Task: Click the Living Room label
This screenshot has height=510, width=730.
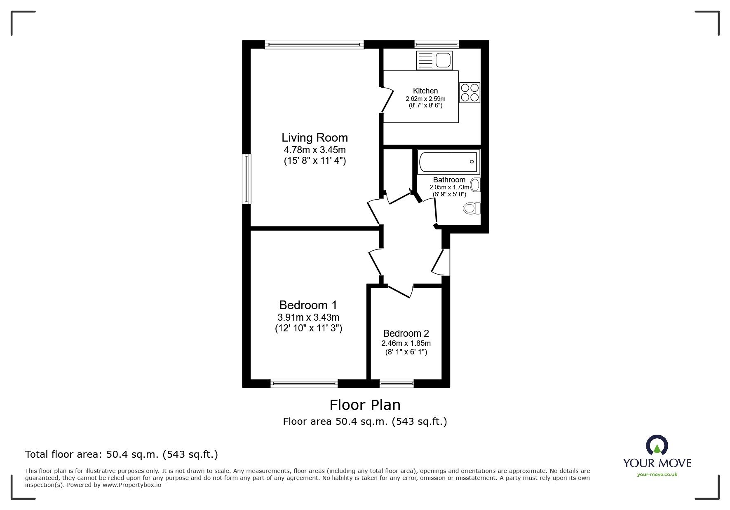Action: click(x=315, y=137)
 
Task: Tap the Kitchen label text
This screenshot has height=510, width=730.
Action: click(x=425, y=91)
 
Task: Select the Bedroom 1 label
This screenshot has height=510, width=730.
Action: click(x=308, y=305)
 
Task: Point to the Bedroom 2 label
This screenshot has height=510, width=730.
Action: click(x=406, y=333)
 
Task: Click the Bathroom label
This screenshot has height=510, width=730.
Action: click(x=449, y=180)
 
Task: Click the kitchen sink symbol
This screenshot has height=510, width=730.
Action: click(x=434, y=61)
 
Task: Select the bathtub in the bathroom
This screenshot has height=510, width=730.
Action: click(x=448, y=162)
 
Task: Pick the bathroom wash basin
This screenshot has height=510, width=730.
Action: click(x=475, y=185)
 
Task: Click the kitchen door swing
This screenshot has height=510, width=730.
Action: click(x=387, y=99)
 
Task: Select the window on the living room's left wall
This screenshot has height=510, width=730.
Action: click(x=246, y=179)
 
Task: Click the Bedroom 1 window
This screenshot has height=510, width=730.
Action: click(x=304, y=383)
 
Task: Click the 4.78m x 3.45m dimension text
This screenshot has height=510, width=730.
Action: click(x=315, y=150)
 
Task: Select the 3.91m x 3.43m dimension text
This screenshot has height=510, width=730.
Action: click(x=308, y=317)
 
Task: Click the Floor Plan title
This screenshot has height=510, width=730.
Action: click(x=365, y=405)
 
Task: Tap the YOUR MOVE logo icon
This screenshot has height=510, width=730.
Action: click(x=657, y=445)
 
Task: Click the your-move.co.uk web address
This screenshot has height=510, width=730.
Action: click(x=657, y=475)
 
